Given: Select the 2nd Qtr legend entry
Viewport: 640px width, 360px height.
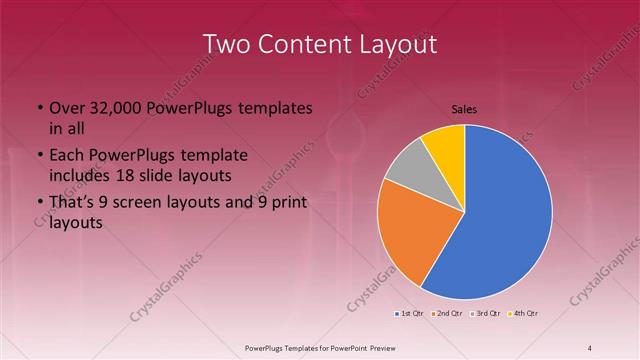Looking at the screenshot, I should (x=447, y=314).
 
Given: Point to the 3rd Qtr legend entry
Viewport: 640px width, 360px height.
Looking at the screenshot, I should (x=486, y=314).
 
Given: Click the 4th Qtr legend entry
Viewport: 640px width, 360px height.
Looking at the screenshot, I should (x=524, y=314).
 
